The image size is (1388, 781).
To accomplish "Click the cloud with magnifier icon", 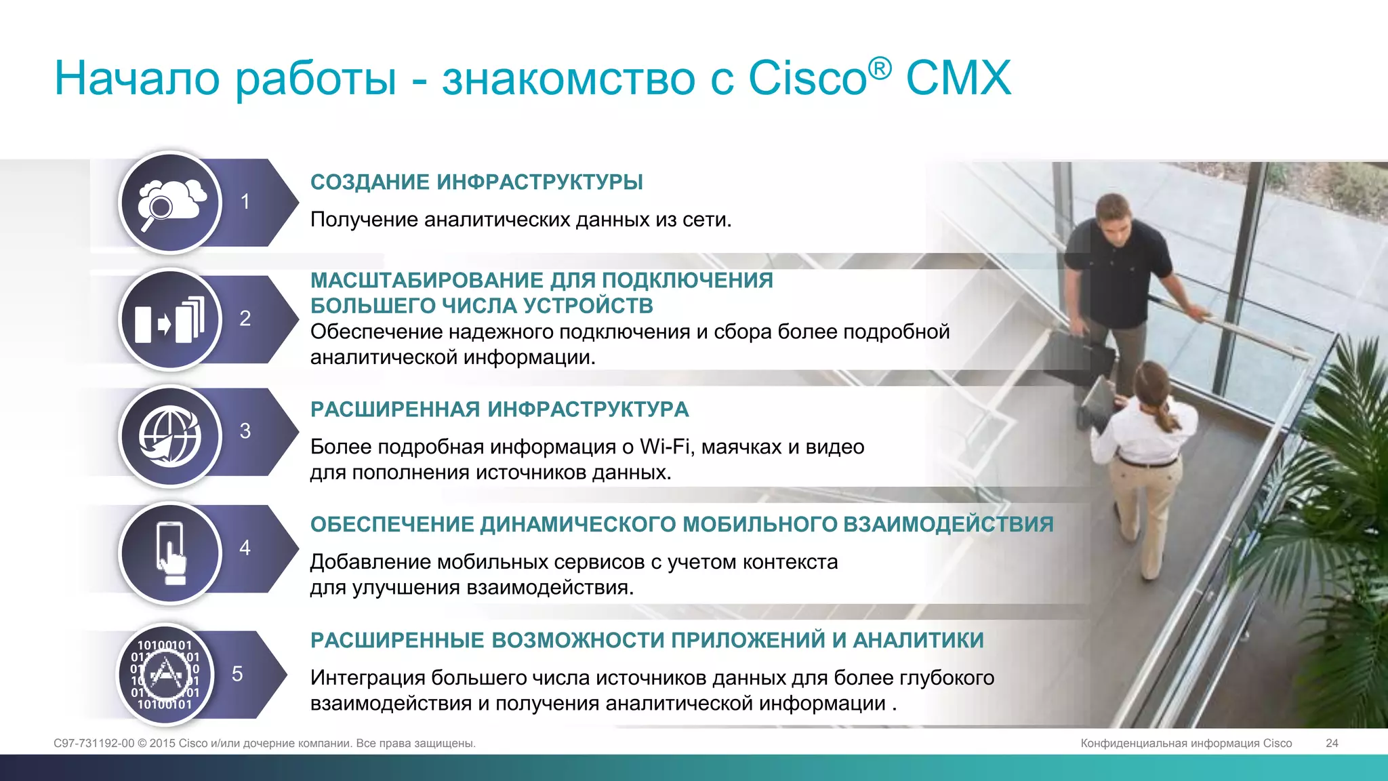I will [x=170, y=203].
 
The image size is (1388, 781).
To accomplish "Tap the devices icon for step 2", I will [x=170, y=319].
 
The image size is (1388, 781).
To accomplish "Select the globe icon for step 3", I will [x=170, y=436].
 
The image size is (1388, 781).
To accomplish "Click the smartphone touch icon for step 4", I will [x=170, y=553].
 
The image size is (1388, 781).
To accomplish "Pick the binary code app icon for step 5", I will [x=165, y=674].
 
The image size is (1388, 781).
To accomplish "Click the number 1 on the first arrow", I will [x=245, y=201].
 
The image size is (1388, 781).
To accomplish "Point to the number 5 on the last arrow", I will [x=237, y=674].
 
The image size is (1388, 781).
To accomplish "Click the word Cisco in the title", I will [x=807, y=78].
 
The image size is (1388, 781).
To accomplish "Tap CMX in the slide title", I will [x=958, y=78].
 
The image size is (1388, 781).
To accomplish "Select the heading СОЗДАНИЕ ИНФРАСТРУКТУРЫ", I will [x=476, y=182].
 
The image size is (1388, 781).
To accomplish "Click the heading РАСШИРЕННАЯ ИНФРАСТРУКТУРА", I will [x=499, y=409].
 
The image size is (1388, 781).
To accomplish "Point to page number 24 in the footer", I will [x=1332, y=743].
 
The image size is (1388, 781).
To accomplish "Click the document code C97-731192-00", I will [x=94, y=743].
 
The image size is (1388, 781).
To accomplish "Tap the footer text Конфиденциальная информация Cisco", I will [x=1186, y=743].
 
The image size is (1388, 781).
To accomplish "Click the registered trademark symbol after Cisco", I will [x=880, y=68].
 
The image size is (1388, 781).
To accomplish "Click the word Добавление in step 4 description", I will [x=371, y=562].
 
